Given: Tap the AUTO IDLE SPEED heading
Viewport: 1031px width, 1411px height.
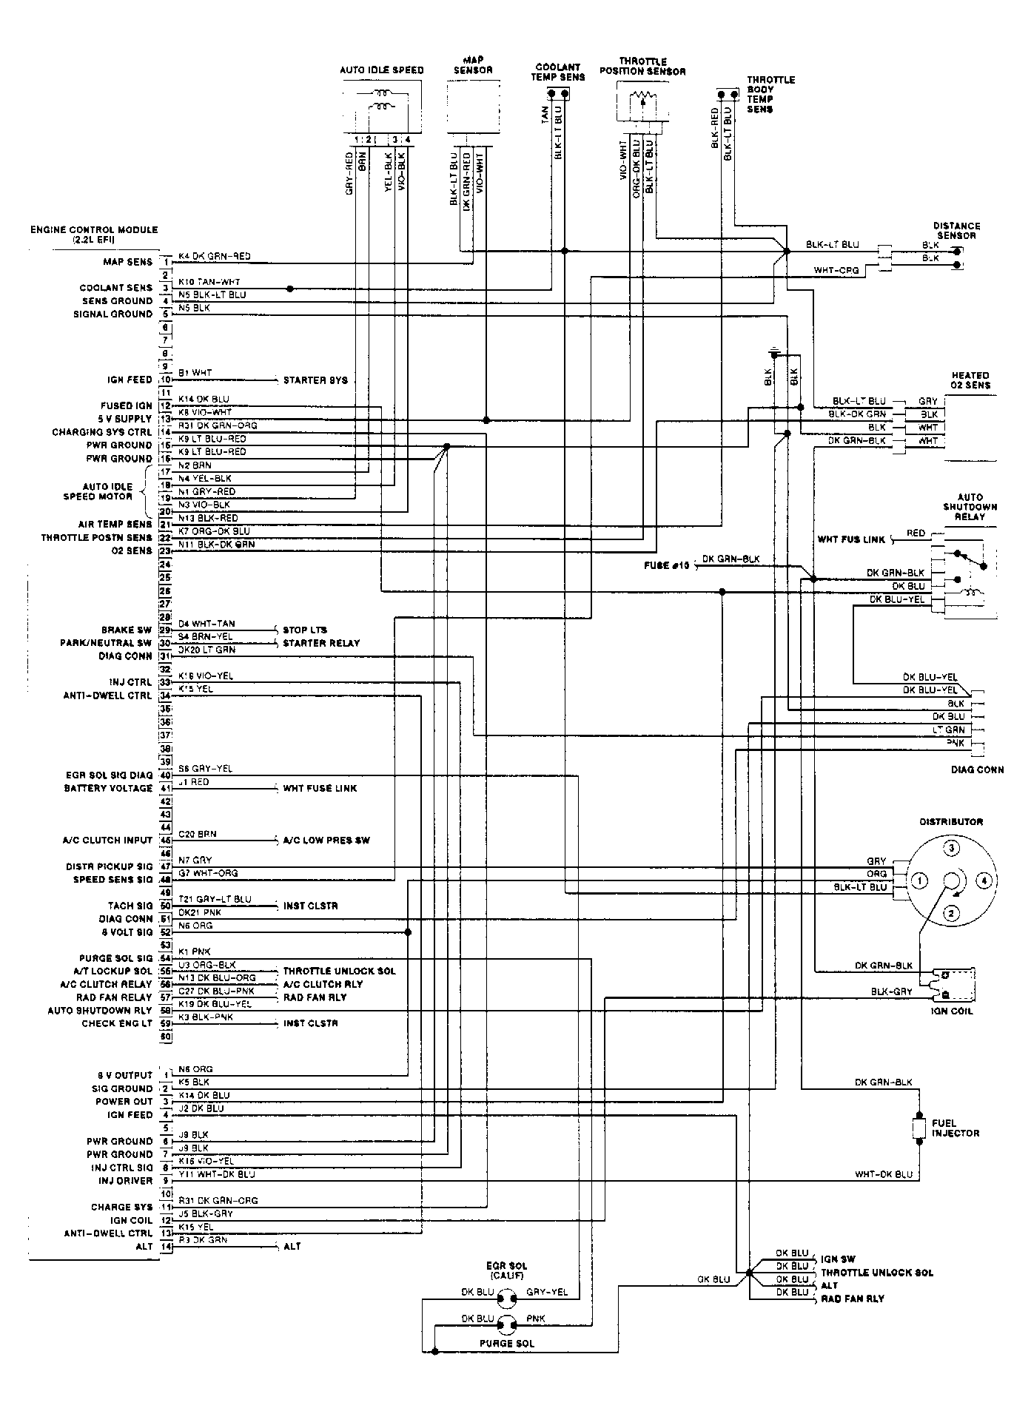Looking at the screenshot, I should click(x=381, y=70).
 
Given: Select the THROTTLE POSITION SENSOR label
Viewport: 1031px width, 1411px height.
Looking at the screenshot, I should click(x=642, y=67).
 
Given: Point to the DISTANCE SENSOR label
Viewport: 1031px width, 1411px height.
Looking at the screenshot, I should click(x=956, y=231).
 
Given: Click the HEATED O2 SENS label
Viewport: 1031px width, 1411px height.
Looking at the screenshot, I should click(x=970, y=380).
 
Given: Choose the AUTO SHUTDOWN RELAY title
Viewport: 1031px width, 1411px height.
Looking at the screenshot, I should click(x=970, y=507).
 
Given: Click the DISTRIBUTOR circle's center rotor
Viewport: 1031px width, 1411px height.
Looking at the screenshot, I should click(x=951, y=880).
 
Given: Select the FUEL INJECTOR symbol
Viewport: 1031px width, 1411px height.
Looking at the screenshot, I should click(x=919, y=1128).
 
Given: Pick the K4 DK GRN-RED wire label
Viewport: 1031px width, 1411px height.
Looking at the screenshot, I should click(x=215, y=256).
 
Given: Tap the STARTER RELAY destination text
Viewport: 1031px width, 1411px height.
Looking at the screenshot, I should click(x=321, y=643).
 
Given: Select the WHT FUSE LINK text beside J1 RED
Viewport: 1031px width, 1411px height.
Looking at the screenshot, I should click(x=320, y=788).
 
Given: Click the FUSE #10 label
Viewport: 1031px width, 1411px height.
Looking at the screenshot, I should click(x=667, y=565).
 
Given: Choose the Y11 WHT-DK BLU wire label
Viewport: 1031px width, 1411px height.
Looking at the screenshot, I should click(x=216, y=1173).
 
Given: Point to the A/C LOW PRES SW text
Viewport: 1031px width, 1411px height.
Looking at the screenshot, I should click(x=326, y=841).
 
